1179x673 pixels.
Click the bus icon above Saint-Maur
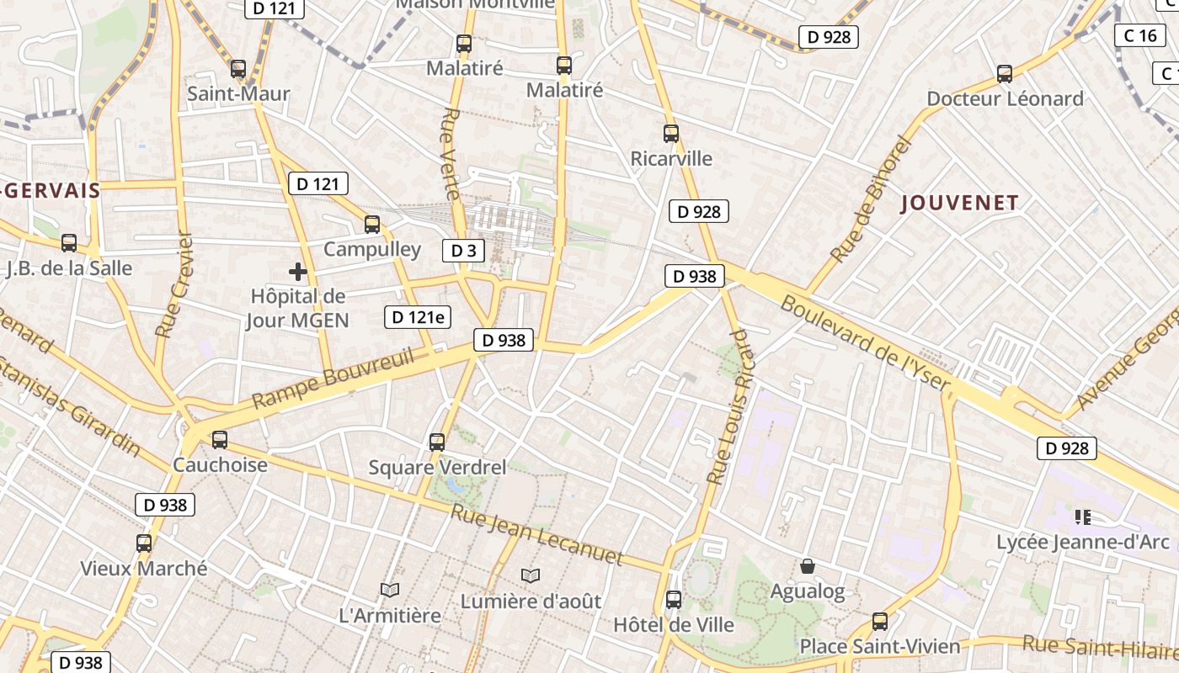(238, 69)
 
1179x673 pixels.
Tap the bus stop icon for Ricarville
(671, 134)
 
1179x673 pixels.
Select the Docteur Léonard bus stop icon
(1005, 74)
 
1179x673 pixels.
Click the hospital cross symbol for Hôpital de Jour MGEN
(297, 272)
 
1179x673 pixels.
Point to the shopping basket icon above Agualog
(808, 566)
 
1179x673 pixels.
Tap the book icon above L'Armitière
(389, 590)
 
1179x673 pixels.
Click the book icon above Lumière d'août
(530, 575)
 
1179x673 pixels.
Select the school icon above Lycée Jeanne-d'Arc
(1083, 517)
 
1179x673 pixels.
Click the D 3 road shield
(464, 250)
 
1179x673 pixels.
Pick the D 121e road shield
(419, 317)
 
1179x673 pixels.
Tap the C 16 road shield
(1141, 35)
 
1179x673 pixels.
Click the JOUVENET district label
(960, 203)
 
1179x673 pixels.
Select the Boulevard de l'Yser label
(865, 345)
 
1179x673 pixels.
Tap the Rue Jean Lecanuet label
(536, 535)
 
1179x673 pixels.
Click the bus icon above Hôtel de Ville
(674, 600)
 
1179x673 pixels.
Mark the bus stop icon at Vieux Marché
(144, 543)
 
